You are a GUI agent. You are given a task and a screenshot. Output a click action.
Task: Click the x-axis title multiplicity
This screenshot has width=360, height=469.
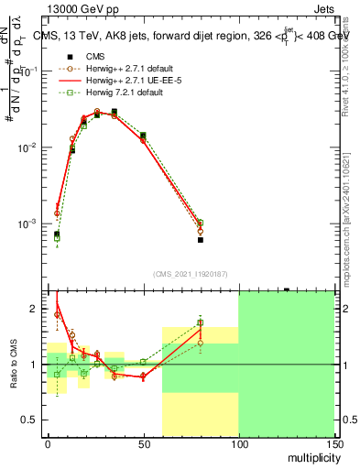(311, 455)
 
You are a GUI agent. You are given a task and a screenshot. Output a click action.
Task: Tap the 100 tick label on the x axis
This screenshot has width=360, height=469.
(238, 444)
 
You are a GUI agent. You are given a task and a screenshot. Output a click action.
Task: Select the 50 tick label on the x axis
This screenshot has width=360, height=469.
(143, 444)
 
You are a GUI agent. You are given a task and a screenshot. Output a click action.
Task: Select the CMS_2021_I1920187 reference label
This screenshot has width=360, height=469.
(191, 273)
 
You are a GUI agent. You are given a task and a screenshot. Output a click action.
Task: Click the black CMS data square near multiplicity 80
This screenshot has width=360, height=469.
(200, 240)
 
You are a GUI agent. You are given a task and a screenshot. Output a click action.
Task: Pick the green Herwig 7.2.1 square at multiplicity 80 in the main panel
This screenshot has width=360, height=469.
(200, 223)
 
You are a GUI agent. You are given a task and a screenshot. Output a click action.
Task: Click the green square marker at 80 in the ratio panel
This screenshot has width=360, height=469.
(200, 323)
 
